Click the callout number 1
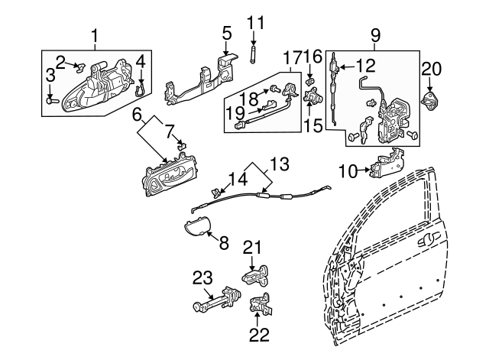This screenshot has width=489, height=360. point(96,35)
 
